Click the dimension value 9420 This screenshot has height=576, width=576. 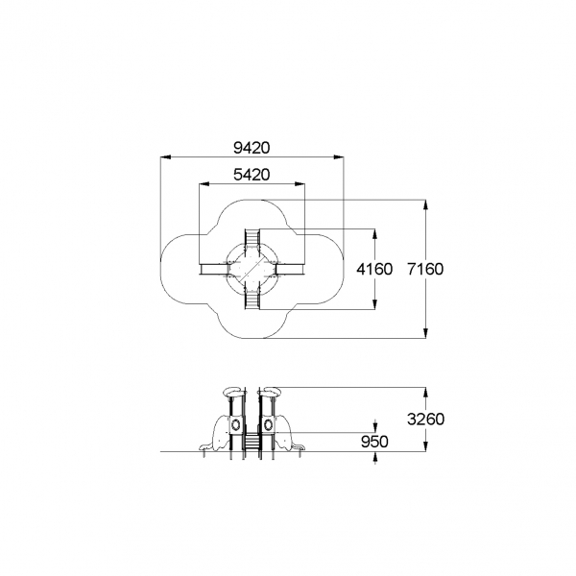point(252,148)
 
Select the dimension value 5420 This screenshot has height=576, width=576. point(252,175)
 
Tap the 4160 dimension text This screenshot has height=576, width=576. point(374,269)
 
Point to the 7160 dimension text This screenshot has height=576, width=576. point(425,269)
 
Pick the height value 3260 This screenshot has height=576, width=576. point(425,419)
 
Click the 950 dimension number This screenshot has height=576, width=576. point(374,442)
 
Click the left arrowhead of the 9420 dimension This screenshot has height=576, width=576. point(166,157)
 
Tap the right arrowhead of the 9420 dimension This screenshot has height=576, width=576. point(338,157)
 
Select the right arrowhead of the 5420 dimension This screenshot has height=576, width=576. point(300,183)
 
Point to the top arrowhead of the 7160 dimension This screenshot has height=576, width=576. point(425,205)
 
